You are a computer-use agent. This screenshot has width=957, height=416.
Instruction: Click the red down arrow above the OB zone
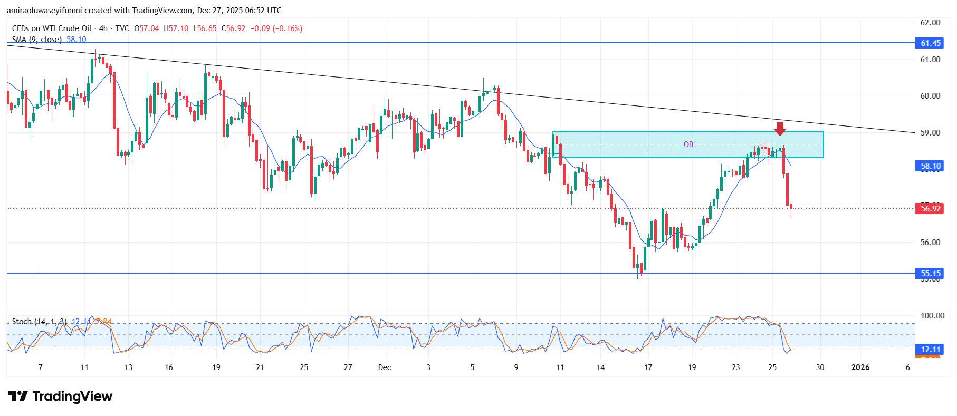click(x=780, y=128)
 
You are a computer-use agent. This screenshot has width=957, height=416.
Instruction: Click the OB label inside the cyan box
click(x=688, y=144)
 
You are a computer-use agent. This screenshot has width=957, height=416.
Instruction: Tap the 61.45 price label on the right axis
click(x=930, y=43)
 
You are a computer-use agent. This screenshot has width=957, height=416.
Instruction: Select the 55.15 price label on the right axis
click(x=930, y=273)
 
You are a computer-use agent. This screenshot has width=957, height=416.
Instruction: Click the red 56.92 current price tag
click(x=930, y=208)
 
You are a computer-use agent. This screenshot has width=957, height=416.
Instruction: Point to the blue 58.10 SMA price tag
click(x=930, y=166)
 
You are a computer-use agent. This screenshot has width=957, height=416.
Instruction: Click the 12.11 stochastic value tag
click(x=930, y=349)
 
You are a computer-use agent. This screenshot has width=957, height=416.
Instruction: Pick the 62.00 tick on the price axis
click(x=930, y=23)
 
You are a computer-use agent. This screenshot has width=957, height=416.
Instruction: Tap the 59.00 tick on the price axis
click(x=930, y=133)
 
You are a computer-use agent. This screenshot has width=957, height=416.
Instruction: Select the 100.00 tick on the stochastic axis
click(x=932, y=315)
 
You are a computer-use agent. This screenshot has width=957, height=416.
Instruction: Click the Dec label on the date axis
click(x=385, y=367)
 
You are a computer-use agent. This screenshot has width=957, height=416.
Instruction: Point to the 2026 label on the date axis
click(x=860, y=367)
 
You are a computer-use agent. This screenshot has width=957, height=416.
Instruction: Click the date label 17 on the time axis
click(x=648, y=367)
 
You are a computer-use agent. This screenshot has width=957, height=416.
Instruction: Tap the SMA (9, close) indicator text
click(x=36, y=40)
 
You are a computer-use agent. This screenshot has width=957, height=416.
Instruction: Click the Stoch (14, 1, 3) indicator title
click(x=39, y=322)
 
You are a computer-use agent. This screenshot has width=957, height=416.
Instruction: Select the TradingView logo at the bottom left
click(x=60, y=396)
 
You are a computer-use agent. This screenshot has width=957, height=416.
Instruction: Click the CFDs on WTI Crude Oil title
click(x=52, y=28)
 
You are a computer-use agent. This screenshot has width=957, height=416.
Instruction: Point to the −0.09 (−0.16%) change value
click(x=276, y=28)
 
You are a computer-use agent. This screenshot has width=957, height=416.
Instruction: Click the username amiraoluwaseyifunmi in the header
click(x=51, y=11)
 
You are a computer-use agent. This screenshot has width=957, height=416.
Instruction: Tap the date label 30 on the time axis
click(x=820, y=367)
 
